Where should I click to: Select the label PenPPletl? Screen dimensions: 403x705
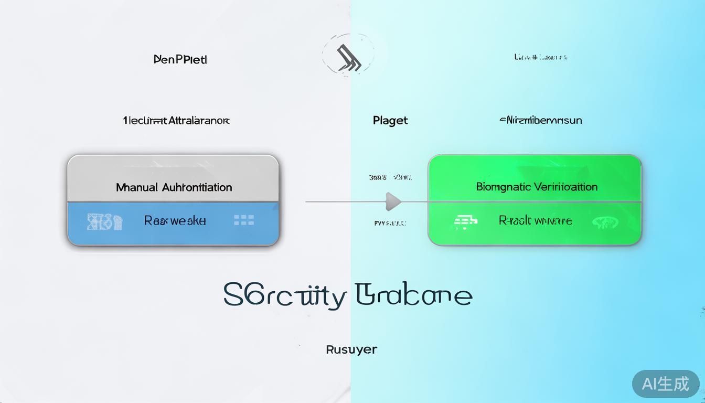180,59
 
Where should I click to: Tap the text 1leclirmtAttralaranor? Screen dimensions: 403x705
176,120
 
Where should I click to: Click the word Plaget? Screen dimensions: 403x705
390,120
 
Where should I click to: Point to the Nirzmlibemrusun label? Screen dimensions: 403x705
540,120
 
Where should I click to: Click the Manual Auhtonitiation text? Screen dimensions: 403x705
174,187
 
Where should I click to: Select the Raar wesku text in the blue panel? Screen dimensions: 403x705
175,220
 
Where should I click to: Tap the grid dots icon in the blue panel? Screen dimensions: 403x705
244,220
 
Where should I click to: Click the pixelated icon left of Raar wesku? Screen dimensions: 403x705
104,222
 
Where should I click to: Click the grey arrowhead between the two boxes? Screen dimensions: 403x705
393,201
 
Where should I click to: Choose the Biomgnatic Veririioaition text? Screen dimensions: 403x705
537,187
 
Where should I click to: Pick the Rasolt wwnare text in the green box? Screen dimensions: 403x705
535,221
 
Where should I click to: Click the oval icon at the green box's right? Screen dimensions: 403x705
605,222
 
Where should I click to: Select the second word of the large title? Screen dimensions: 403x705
413,295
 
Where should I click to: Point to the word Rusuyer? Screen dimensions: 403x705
351,349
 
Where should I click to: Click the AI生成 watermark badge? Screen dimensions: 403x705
666,384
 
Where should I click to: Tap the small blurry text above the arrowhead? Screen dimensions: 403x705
390,177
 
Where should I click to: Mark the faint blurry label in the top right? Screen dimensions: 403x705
541,57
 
